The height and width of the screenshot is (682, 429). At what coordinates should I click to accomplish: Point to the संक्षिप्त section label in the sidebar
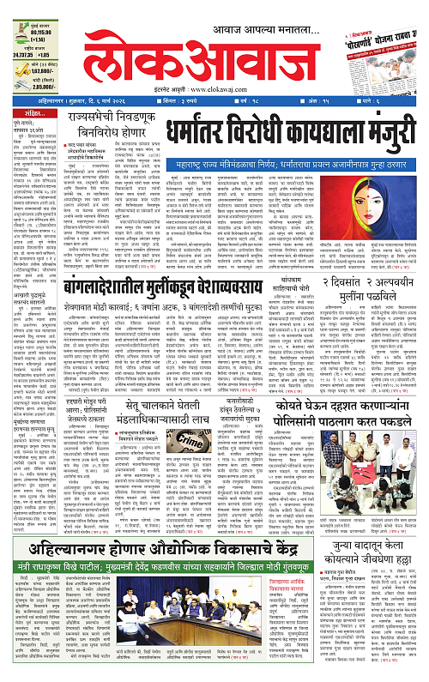pos(24,113)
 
